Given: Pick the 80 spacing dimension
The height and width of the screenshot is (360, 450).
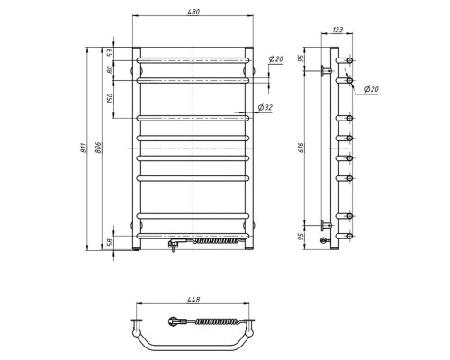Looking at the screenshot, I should point(112,71).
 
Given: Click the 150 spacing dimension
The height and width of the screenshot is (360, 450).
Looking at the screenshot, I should point(112,98).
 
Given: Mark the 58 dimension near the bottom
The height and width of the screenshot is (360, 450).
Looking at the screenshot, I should point(112,243).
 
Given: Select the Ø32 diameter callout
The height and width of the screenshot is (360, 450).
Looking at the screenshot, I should point(265,108).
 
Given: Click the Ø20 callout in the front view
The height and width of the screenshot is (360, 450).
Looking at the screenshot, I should point(276,59).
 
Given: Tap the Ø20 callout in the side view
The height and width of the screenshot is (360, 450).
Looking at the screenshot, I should point(371,88).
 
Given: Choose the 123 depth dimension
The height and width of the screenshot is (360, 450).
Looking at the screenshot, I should point(337,31).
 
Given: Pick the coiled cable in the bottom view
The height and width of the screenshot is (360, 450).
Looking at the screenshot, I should point(212,320).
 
